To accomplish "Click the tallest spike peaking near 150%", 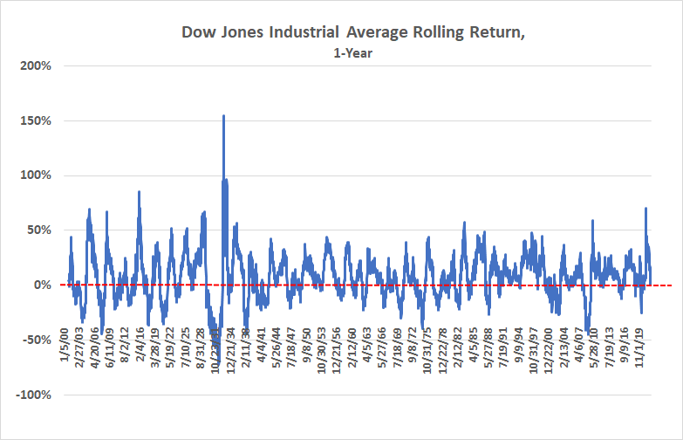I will [224, 117].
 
